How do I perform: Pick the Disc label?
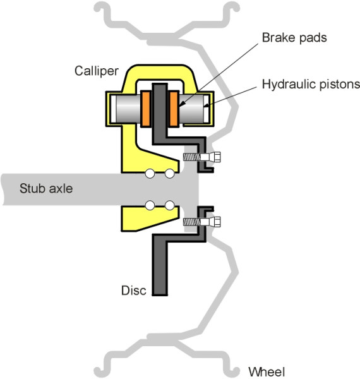click(x=134, y=291)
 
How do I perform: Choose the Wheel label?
click(x=266, y=371)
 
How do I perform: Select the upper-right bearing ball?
click(x=169, y=174)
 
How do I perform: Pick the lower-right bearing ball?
click(x=169, y=205)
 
